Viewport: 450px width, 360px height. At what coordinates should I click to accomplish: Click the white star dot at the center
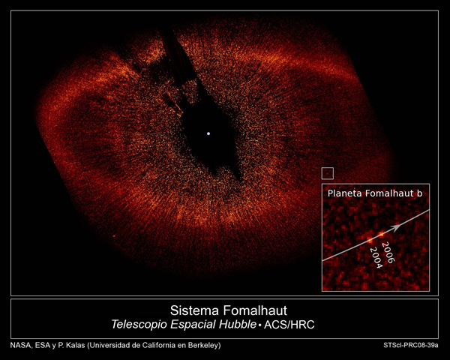pyautogui.click(x=208, y=133)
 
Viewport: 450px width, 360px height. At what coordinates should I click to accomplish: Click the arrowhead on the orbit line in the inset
pyautogui.click(x=396, y=226)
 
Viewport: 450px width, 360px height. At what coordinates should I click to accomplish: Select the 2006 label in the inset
pyautogui.click(x=388, y=252)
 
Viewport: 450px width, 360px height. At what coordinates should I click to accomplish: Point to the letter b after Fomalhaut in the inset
pyautogui.click(x=419, y=193)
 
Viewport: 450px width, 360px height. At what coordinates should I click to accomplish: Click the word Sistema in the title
pyautogui.click(x=194, y=310)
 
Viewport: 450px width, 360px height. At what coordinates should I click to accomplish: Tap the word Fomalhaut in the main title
pyautogui.click(x=255, y=310)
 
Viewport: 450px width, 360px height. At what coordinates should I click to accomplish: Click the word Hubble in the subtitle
pyautogui.click(x=238, y=324)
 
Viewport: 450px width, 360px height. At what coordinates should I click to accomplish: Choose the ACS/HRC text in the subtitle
pyautogui.click(x=289, y=325)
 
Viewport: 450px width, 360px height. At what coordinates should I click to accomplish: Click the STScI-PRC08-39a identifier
pyautogui.click(x=411, y=345)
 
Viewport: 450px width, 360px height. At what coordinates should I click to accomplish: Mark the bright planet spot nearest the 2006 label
pyautogui.click(x=381, y=234)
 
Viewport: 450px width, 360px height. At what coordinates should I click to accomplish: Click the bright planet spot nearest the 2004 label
pyautogui.click(x=370, y=240)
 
